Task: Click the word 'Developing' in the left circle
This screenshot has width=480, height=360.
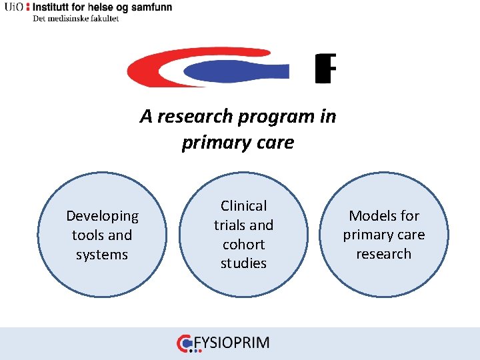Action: [102, 216]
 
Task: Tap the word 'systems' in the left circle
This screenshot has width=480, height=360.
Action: [102, 255]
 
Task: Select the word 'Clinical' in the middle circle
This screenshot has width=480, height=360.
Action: [243, 206]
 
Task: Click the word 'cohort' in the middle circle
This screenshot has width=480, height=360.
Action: [243, 245]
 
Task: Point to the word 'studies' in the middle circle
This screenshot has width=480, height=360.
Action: [243, 263]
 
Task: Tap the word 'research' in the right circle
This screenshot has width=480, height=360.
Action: [384, 254]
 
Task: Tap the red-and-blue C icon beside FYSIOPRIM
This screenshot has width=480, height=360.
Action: [185, 343]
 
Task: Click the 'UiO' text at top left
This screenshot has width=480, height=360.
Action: [13, 7]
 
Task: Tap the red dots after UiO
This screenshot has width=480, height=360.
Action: [27, 7]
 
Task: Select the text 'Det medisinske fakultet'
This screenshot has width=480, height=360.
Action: [75, 19]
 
